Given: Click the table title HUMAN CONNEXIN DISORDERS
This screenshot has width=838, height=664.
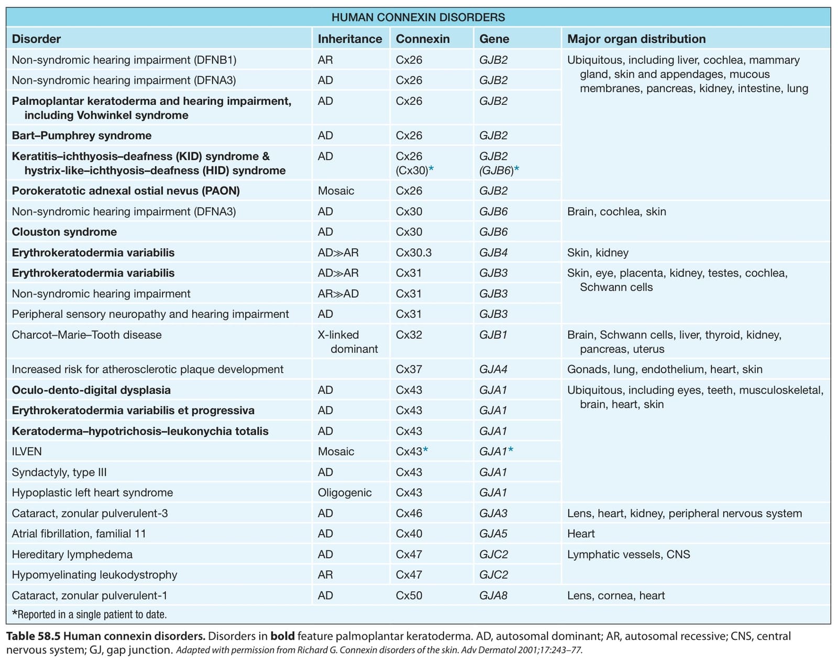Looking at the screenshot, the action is click(x=418, y=17).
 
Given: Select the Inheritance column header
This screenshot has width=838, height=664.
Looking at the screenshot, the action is click(x=350, y=39).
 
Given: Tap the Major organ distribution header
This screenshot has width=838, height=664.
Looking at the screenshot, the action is click(x=636, y=39).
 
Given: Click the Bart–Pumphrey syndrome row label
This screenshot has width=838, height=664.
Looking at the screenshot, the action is click(x=82, y=136).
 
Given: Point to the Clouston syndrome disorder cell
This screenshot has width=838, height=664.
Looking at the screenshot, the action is click(x=64, y=231).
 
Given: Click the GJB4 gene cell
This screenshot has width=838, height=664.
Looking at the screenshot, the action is click(x=493, y=252).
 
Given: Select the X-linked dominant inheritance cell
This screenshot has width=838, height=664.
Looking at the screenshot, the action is click(x=348, y=341).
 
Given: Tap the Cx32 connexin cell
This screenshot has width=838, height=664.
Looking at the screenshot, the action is click(x=409, y=335).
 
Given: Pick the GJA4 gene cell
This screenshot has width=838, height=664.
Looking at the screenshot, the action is click(x=493, y=369).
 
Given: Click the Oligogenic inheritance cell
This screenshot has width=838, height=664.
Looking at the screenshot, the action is click(x=345, y=493).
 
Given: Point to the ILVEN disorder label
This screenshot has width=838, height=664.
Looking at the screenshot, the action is click(x=27, y=451).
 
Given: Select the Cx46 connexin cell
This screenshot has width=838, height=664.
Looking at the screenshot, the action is click(x=409, y=513).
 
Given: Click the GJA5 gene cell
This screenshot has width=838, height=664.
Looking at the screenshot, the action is click(x=493, y=534).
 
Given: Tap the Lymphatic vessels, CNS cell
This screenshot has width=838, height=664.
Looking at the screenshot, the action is click(x=629, y=554).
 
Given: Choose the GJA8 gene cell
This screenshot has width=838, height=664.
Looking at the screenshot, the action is click(x=493, y=595).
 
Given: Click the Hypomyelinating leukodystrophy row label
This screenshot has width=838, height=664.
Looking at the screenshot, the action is click(x=94, y=575).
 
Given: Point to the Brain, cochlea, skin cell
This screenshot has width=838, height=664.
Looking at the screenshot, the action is click(x=616, y=212).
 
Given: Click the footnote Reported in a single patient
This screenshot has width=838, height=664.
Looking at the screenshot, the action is click(x=89, y=615).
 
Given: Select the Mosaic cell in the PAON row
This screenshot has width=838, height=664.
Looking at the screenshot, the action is click(x=336, y=191).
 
